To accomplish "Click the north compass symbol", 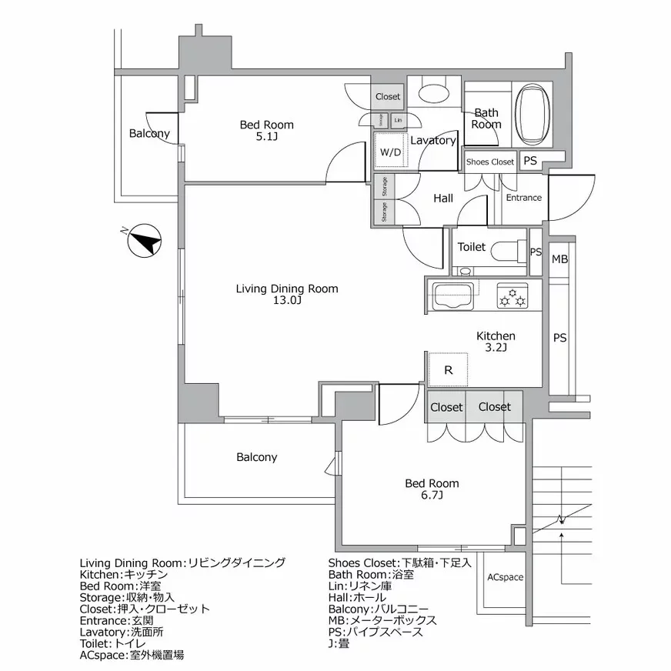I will [x=144, y=241].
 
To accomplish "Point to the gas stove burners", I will [x=512, y=296].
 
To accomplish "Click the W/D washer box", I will [x=390, y=151].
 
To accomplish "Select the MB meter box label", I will [x=559, y=259].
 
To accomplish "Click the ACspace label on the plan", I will [x=505, y=577].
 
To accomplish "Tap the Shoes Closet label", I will [x=490, y=162].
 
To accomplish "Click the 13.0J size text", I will [x=286, y=301].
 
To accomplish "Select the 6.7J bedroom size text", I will [x=432, y=496].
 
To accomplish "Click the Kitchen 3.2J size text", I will [x=496, y=349].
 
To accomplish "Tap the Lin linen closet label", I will [x=398, y=120].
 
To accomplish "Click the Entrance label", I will [x=523, y=198].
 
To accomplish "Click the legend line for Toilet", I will [x=122, y=643].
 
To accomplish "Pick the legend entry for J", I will [x=342, y=643].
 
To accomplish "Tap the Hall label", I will [x=442, y=198].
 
